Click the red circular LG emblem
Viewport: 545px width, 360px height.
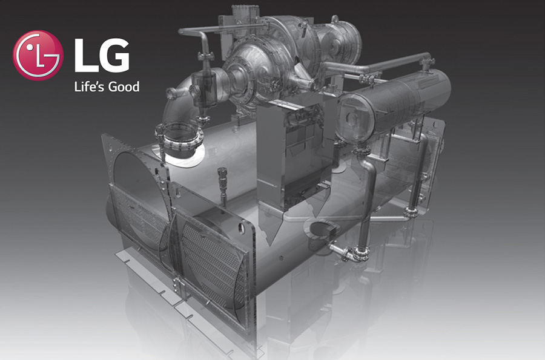pos(38,56)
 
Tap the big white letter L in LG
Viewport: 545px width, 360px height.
pos(84,55)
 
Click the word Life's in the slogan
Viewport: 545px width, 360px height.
pos(88,86)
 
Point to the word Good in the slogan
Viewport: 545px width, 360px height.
pos(124,87)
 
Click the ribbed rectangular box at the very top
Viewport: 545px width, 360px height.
pos(245,15)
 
